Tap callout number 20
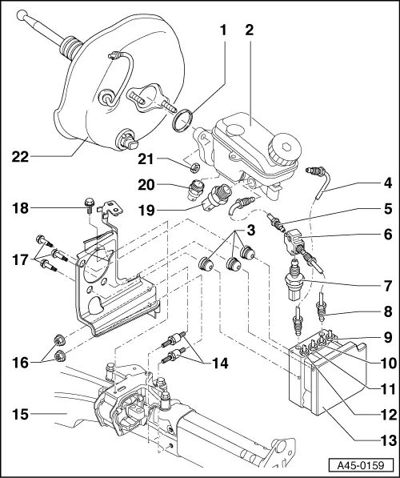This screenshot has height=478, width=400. tap(168, 183)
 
